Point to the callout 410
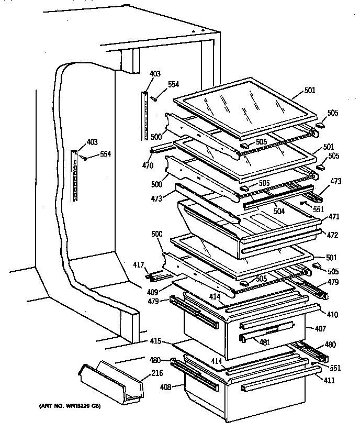(332, 315)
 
